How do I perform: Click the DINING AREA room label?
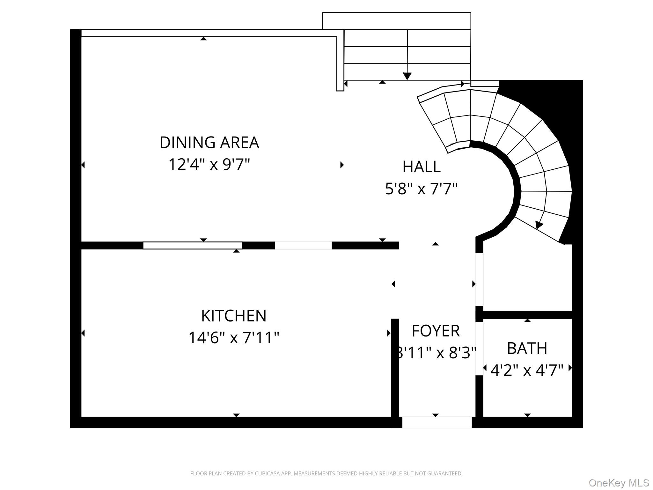209,143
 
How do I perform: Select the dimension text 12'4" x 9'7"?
209,165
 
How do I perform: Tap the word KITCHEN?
234,316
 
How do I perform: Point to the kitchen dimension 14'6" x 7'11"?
234,338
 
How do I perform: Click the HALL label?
421,167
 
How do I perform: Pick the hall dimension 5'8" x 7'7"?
421,189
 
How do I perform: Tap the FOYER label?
436,331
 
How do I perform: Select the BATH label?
527,348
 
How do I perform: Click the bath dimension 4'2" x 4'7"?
527,371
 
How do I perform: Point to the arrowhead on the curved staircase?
539,225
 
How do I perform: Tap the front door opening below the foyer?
437,422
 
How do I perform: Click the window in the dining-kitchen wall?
192,246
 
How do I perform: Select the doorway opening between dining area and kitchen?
303,246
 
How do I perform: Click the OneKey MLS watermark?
619,483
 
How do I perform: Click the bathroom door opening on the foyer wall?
479,349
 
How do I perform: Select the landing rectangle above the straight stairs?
396,21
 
